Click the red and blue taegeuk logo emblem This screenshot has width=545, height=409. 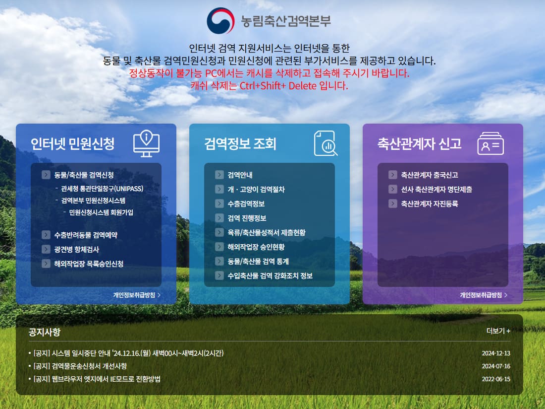pyautogui.click(x=220, y=21)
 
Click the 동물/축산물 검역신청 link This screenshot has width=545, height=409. pyautogui.click(x=84, y=175)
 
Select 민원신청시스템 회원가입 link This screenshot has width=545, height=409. pyautogui.click(x=101, y=212)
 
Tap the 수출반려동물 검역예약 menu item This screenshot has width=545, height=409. pyautogui.click(x=86, y=235)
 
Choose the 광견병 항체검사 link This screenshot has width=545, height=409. pyautogui.click(x=76, y=249)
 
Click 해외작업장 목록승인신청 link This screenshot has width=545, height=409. pyautogui.click(x=89, y=264)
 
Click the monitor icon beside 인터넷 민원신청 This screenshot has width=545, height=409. pyautogui.click(x=147, y=143)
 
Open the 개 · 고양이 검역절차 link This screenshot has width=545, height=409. pyautogui.click(x=256, y=189)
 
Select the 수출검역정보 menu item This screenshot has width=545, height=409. pyautogui.click(x=246, y=204)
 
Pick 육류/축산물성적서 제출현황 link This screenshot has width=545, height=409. pyautogui.click(x=266, y=232)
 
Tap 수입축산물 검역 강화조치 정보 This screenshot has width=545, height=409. pyautogui.click(x=270, y=275)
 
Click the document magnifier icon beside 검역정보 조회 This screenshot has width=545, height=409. pyautogui.click(x=326, y=143)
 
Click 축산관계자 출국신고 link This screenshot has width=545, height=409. pyautogui.click(x=429, y=175)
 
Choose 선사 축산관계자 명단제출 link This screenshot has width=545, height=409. pyautogui.click(x=436, y=189)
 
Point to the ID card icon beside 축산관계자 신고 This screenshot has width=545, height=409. pyautogui.click(x=490, y=143)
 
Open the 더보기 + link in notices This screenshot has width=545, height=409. pyautogui.click(x=498, y=331)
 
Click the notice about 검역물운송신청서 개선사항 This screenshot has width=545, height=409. pyautogui.click(x=80, y=366)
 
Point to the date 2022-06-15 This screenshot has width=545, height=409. pyautogui.click(x=495, y=379)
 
